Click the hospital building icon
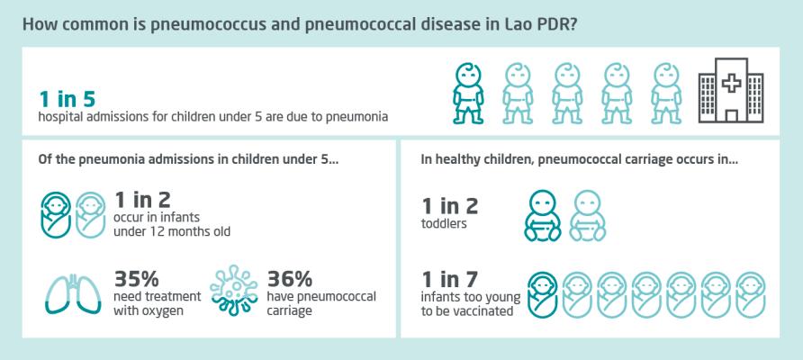point(731,90)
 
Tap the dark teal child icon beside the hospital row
point(468,94)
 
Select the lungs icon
point(72,293)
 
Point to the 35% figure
point(136,279)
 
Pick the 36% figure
point(290,279)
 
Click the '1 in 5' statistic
point(68,99)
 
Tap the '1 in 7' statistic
point(449,280)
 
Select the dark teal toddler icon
point(542,216)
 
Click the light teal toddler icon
point(588,216)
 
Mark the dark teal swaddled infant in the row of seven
point(542,294)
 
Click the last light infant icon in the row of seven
point(751,294)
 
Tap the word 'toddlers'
point(444,224)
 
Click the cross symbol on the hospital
point(731,82)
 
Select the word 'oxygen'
point(165,310)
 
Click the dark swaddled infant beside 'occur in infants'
point(56,215)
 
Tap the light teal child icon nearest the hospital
point(666,94)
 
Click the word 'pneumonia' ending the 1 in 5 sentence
point(362,117)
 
